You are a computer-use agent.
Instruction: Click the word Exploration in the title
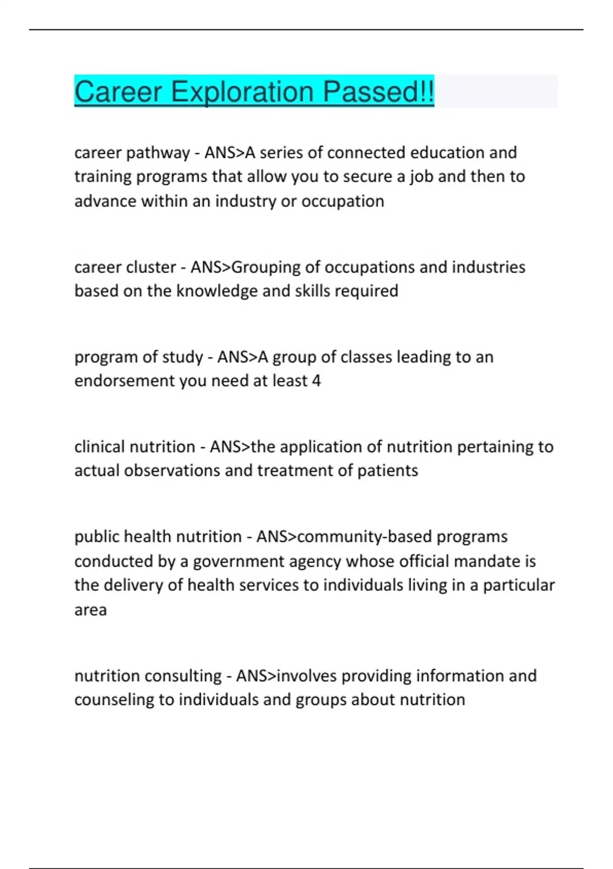[x=242, y=92]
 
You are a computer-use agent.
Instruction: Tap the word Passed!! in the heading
[x=379, y=92]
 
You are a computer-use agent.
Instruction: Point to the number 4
[x=316, y=381]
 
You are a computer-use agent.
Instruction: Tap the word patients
[x=387, y=470]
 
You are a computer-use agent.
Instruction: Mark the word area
[x=90, y=610]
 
